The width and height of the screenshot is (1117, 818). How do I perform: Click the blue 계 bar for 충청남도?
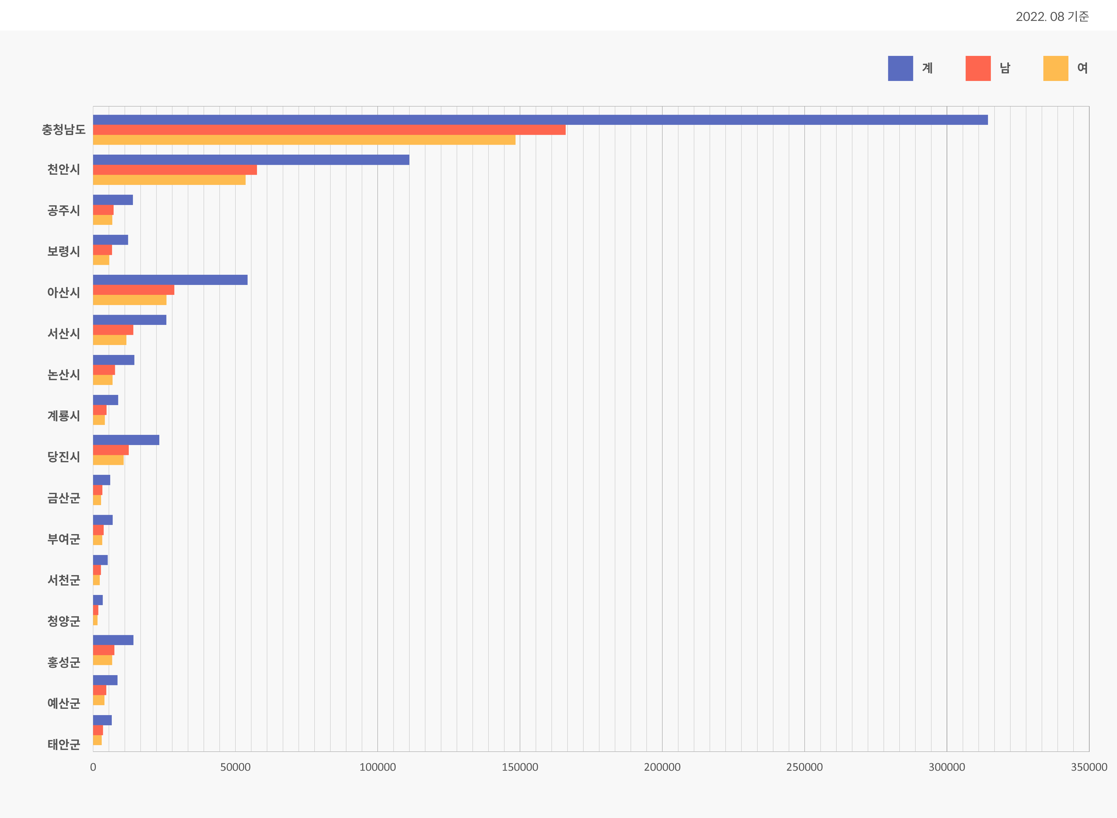click(540, 120)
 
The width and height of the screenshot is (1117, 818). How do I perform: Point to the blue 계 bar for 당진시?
click(126, 440)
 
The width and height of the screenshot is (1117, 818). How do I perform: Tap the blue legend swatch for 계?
click(900, 68)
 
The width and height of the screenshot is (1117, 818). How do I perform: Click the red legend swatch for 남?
click(978, 68)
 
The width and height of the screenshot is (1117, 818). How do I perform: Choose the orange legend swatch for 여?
click(1056, 68)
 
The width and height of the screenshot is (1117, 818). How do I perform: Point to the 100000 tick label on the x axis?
click(377, 767)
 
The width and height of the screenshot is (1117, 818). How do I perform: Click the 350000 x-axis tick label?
click(1089, 767)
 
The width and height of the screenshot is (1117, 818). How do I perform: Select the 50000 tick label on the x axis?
click(235, 767)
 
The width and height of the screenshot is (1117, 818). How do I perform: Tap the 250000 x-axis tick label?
click(804, 767)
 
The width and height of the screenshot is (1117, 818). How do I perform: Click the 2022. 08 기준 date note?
click(1052, 16)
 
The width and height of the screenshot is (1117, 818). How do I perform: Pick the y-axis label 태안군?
click(63, 744)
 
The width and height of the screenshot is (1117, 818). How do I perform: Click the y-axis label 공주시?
click(63, 211)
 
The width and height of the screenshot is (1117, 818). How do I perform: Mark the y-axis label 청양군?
click(63, 621)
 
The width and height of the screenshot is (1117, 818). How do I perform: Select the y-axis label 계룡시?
click(63, 416)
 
